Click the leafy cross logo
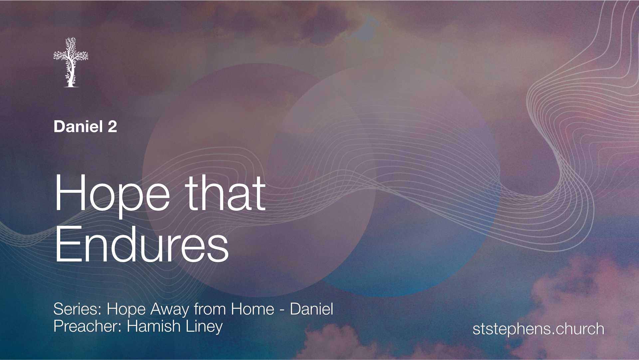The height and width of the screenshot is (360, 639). point(71,62)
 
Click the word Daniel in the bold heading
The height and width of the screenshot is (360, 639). point(79,127)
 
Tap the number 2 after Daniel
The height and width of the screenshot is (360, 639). point(112,127)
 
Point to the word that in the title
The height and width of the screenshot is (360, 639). point(225,193)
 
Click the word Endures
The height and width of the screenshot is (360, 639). point(142,244)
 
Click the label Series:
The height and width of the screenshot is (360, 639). point(78,309)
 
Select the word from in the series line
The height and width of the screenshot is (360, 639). point(210,309)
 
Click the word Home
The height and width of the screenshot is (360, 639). point(253,309)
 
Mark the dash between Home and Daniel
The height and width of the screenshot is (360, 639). point(282,310)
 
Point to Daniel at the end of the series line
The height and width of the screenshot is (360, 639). point(312,309)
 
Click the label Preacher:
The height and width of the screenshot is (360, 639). point(88,326)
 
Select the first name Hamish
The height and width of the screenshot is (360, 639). point(154,326)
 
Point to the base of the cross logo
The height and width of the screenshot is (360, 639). point(71,86)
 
